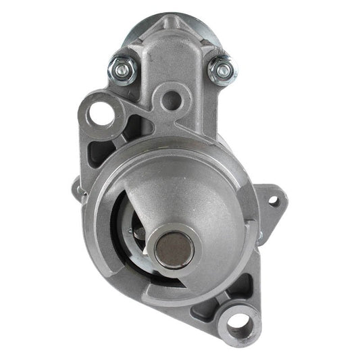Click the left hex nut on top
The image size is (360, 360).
[x=122, y=68]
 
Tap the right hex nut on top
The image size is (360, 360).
[x=220, y=70]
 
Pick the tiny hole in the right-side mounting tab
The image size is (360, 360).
[x=273, y=200]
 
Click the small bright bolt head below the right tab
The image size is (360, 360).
[x=260, y=236]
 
